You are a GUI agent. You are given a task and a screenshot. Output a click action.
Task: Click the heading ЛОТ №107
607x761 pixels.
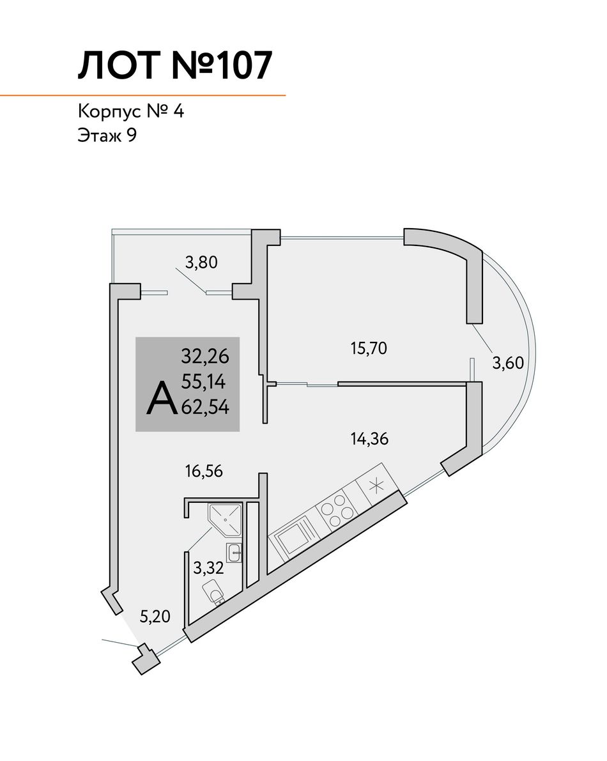(174, 65)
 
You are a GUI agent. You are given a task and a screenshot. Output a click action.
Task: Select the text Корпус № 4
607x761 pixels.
(131, 112)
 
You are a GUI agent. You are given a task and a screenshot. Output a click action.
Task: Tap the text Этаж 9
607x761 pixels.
(107, 135)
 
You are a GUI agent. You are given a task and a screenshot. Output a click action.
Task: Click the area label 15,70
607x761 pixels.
(369, 348)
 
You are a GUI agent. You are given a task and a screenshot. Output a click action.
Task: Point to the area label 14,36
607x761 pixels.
(370, 439)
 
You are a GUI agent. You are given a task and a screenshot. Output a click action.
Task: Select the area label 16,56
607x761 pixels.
(204, 471)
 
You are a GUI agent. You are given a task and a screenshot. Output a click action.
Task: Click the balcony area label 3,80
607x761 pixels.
(201, 263)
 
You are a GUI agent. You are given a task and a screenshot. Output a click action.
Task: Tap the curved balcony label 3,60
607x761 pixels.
(508, 362)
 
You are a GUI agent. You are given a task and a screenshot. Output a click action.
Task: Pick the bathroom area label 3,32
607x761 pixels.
(209, 567)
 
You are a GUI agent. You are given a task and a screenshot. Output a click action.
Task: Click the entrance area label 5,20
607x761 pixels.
(155, 617)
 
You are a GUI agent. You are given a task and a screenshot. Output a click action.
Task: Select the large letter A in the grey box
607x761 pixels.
(162, 398)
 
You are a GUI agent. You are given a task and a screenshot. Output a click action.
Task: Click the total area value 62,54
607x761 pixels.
(205, 407)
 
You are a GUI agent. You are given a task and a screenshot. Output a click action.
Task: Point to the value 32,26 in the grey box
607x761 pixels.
(204, 357)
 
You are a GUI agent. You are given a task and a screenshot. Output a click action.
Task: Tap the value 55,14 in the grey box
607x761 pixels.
(203, 382)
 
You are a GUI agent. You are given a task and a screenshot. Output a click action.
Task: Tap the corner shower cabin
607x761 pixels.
(225, 519)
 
